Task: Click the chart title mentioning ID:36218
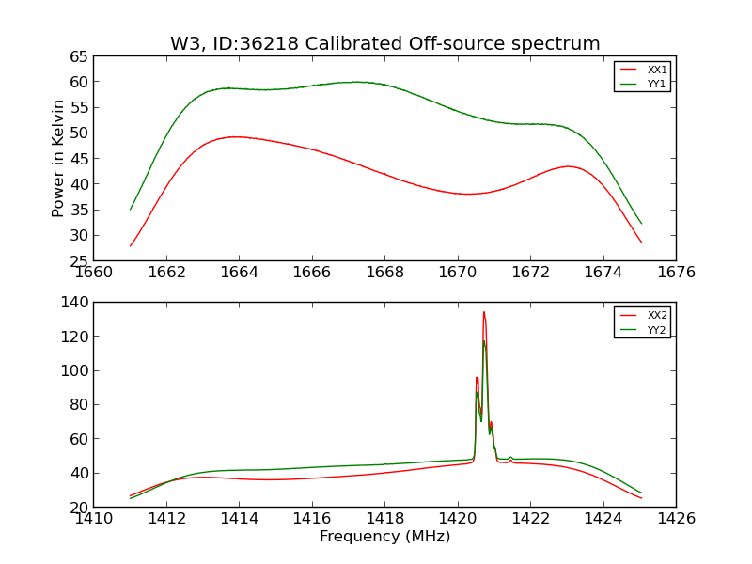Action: (x=384, y=44)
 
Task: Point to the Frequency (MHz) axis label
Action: (x=384, y=537)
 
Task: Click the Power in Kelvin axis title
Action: (x=58, y=158)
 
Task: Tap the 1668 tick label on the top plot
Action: (x=384, y=273)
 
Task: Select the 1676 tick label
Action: (x=676, y=273)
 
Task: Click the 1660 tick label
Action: (x=94, y=273)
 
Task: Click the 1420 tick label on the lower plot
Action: (x=458, y=519)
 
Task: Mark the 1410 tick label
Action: (x=94, y=519)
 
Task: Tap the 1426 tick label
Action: (x=676, y=519)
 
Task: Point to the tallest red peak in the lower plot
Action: (x=484, y=313)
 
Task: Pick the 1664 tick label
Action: (x=239, y=273)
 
